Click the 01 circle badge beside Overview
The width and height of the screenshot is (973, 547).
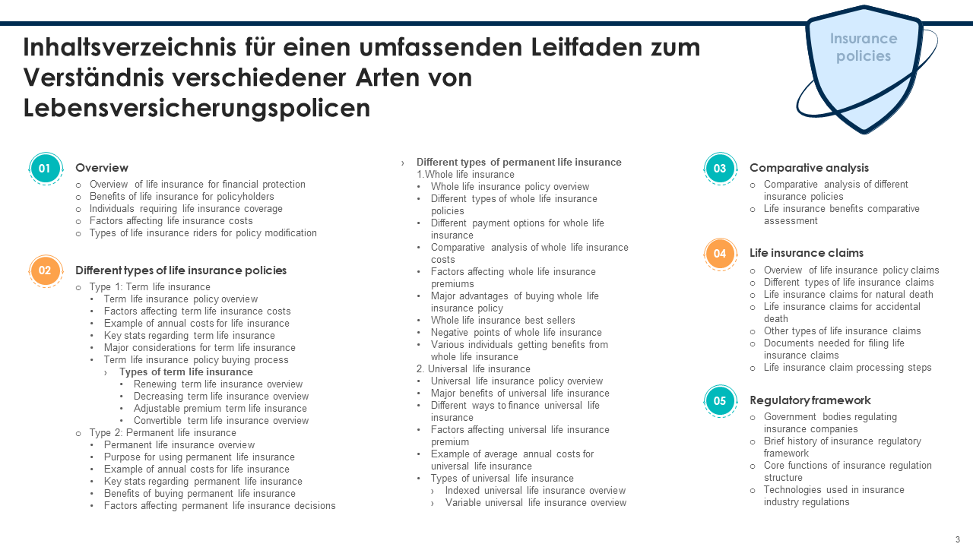[x=45, y=169]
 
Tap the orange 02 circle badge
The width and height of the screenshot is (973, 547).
[x=45, y=270]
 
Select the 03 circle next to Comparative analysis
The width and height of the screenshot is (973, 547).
[x=719, y=169]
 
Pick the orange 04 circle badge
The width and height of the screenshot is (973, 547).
[x=719, y=254]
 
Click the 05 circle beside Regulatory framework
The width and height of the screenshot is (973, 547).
[x=719, y=401]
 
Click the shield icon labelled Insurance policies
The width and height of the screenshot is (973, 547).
[x=864, y=68]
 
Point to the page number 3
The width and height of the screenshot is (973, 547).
[x=957, y=539]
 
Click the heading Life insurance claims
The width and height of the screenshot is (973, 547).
[x=806, y=253]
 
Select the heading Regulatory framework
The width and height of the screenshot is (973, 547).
[x=810, y=400]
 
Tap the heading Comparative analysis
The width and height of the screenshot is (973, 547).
[x=809, y=168]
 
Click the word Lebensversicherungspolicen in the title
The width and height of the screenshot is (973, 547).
[x=197, y=108]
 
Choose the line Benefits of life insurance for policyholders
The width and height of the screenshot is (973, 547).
[x=182, y=197]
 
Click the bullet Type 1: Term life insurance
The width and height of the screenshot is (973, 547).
[x=150, y=287]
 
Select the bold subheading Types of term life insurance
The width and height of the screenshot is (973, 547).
[x=185, y=372]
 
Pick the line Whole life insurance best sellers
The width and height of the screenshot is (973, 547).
[x=502, y=321]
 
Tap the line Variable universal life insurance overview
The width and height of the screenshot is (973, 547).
[x=535, y=503]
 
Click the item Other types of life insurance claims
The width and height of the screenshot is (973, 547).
[x=841, y=331]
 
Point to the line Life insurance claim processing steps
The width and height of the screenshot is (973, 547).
[x=847, y=368]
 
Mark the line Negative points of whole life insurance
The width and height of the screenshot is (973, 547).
[x=516, y=333]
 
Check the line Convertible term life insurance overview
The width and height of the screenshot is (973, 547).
[x=220, y=421]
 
